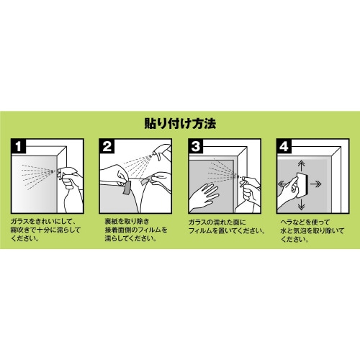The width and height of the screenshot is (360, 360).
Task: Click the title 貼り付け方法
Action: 180,123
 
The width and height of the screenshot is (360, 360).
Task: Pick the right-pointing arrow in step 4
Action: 336,184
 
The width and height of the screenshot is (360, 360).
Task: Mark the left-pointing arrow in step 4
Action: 283,184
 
